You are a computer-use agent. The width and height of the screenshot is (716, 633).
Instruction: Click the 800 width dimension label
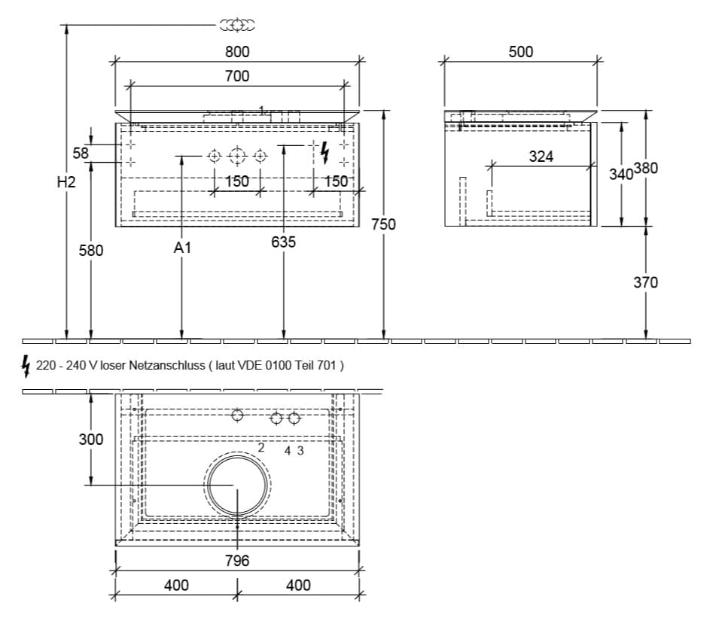[x=237, y=52]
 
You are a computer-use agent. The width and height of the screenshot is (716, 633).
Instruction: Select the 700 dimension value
[x=237, y=76]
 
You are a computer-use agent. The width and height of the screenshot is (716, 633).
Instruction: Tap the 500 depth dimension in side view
[x=520, y=52]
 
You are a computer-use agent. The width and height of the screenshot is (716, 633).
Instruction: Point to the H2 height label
[x=66, y=182]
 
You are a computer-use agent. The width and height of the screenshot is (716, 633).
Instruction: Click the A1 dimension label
[x=182, y=248]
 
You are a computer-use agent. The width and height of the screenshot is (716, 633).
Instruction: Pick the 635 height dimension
[x=284, y=242]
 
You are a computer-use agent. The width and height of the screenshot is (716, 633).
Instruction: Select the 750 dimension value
[x=383, y=224]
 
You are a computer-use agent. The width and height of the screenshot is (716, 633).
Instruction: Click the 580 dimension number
[x=91, y=250]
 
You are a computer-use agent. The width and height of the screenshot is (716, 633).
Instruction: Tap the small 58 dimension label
[x=81, y=153]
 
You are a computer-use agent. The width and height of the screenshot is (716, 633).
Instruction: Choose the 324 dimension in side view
[x=541, y=157]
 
